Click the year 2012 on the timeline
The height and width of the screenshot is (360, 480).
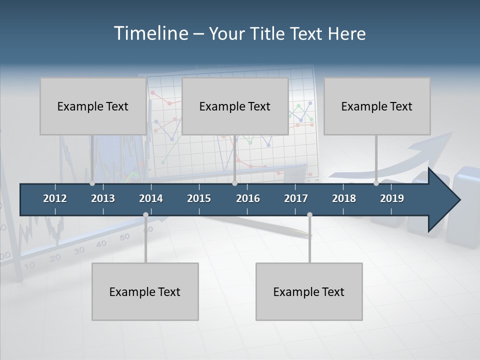pos(55,198)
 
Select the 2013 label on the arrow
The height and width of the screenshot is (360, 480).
pos(103,198)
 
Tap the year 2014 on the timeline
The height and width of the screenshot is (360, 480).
pos(151,198)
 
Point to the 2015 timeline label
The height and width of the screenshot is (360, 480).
pos(199,198)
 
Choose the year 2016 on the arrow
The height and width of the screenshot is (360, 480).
pos(248,198)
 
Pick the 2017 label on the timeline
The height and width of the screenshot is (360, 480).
pos(296,198)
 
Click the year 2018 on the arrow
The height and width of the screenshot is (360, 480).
pos(344,198)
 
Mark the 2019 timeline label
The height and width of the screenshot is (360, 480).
pos(392,198)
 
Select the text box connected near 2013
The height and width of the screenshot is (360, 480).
pos(93,106)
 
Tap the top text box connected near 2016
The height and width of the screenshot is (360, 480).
pos(235,106)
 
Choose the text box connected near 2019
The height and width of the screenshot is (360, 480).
pos(377,106)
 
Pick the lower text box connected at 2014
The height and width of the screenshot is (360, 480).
pos(145,291)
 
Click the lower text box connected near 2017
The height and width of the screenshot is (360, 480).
pos(309,291)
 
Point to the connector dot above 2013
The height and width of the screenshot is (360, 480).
pos(92,183)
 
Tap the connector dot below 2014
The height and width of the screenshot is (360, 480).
pos(145,214)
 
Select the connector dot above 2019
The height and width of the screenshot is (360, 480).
pos(376,183)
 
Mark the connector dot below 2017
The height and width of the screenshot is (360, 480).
pos(309,214)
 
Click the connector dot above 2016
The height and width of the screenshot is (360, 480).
pos(234,183)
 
